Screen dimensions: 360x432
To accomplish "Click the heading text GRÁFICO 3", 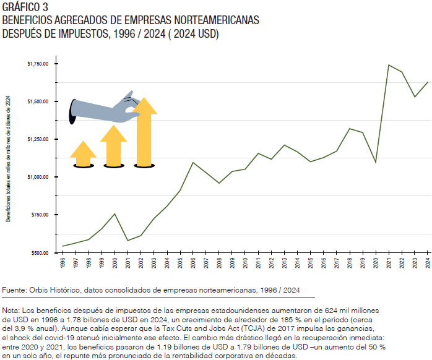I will tap(25, 7).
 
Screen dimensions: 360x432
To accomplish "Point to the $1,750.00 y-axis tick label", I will tap(40, 64).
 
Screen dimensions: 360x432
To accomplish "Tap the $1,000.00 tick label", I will tap(40, 177).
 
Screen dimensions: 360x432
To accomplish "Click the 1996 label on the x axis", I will tap(63, 263).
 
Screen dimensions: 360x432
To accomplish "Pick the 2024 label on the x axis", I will tap(428, 263).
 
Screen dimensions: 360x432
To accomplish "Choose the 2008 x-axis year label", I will tap(219, 263).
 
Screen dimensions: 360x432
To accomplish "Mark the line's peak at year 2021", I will tap(389, 65).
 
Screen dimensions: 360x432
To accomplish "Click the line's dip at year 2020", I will tap(376, 163).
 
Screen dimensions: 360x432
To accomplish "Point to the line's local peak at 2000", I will tap(114, 214).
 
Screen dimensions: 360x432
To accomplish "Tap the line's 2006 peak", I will tap(193, 163).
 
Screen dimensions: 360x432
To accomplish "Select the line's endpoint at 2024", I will tap(428, 82).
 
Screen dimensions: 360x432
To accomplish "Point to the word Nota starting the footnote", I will tap(11, 309).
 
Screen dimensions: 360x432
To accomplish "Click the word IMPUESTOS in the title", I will tap(76, 33).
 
